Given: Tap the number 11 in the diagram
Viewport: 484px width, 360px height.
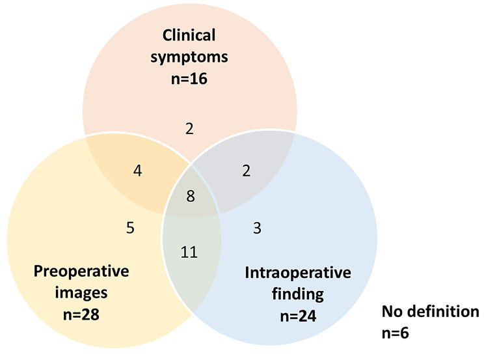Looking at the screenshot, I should tap(189, 251).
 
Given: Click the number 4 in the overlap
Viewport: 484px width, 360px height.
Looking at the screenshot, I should tap(137, 171).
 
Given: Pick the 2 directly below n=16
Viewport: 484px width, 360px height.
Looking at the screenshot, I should tap(189, 128).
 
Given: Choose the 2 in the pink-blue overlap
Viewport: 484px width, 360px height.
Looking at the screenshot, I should tap(247, 171).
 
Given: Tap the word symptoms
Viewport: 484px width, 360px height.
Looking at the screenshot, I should tap(189, 57).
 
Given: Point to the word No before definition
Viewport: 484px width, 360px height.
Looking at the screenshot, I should tap(391, 312).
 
